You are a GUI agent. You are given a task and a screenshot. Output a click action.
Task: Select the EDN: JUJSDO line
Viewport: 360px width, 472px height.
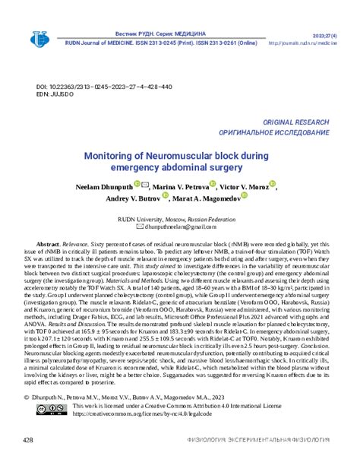[54, 96]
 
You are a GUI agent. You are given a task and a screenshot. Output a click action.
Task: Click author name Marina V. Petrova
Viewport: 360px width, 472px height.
[180, 186]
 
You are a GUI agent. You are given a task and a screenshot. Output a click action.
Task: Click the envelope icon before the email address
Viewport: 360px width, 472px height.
[138, 226]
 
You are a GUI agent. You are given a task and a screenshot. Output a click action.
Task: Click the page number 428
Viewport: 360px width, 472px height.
[29, 441]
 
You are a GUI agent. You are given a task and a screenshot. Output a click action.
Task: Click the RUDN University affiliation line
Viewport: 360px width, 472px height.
[179, 217]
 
